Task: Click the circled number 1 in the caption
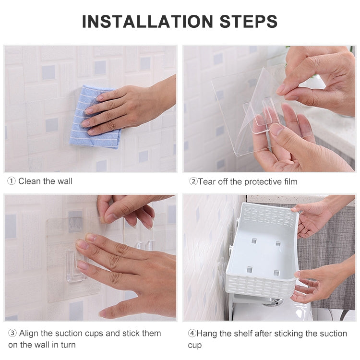pyautogui.click(x=11, y=181)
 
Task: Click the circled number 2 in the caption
pyautogui.click(x=193, y=182)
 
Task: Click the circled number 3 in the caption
pyautogui.click(x=11, y=333)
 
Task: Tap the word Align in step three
pyautogui.click(x=28, y=333)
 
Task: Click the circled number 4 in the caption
pyautogui.click(x=192, y=334)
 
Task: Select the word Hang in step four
pyautogui.click(x=207, y=334)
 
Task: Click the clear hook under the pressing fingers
pyautogui.click(x=76, y=269)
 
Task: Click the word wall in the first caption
pyautogui.click(x=65, y=181)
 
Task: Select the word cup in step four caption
pyautogui.click(x=195, y=345)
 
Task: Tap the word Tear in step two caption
pyautogui.click(x=207, y=182)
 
